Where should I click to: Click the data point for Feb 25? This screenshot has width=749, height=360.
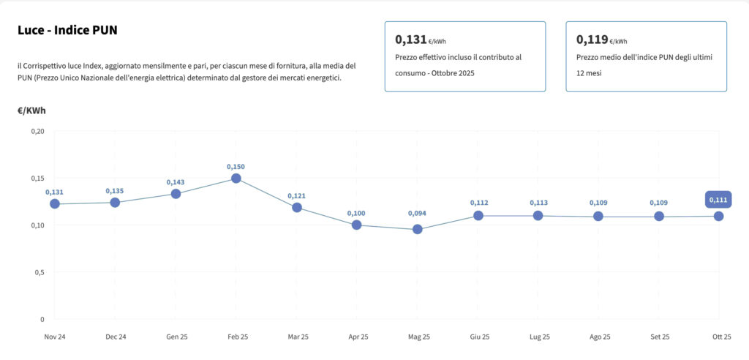(x=236, y=179)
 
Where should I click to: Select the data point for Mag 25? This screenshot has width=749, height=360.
(x=418, y=229)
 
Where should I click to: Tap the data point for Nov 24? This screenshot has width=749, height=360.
(x=55, y=203)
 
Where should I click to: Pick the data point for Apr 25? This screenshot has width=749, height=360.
(x=357, y=225)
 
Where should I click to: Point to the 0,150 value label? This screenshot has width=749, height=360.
(x=236, y=167)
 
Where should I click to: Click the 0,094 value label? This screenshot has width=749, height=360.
(x=418, y=214)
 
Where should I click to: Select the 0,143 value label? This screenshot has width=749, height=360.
(x=176, y=182)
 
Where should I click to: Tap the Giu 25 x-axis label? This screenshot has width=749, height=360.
(x=479, y=337)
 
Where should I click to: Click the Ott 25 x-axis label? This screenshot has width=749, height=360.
(x=721, y=337)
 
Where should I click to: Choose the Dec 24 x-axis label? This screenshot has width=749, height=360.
(x=116, y=337)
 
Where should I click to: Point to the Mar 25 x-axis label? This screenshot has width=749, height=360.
(x=298, y=337)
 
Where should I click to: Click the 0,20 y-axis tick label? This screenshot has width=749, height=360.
(x=37, y=132)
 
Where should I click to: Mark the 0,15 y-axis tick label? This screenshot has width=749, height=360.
(x=37, y=179)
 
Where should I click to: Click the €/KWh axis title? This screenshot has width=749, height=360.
(x=31, y=110)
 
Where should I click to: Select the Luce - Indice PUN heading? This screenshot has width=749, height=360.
(x=67, y=31)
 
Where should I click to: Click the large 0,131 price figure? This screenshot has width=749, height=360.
(x=410, y=40)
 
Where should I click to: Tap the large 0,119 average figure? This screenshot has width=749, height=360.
(x=592, y=40)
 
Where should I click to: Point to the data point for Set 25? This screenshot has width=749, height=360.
(x=659, y=217)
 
